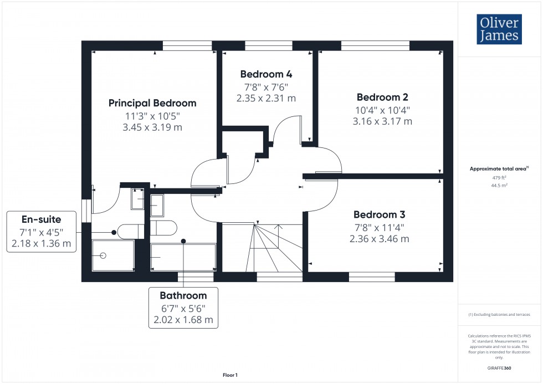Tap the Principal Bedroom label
pos(152,103)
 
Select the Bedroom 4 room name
pos(266,74)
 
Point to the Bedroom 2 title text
pos(382,97)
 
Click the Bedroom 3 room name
pos(380,214)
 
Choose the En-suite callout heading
pos(41,219)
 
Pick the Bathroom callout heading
pos(183,295)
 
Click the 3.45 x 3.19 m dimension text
pos(152,127)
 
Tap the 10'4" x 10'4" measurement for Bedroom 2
pos(382,110)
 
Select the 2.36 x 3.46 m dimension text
pos(380,239)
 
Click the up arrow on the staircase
pos(279,226)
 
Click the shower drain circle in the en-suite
pos(103,255)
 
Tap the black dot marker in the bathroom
pos(183,241)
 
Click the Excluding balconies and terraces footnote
pos(500,314)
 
